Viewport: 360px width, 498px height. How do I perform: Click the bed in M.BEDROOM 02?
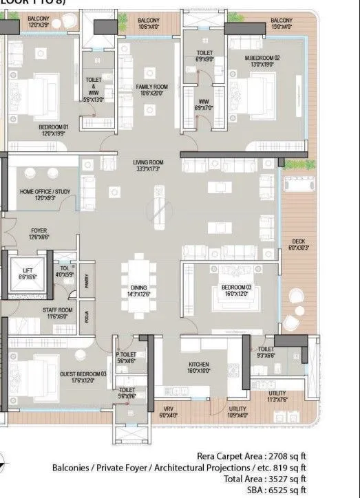point(262,92)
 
